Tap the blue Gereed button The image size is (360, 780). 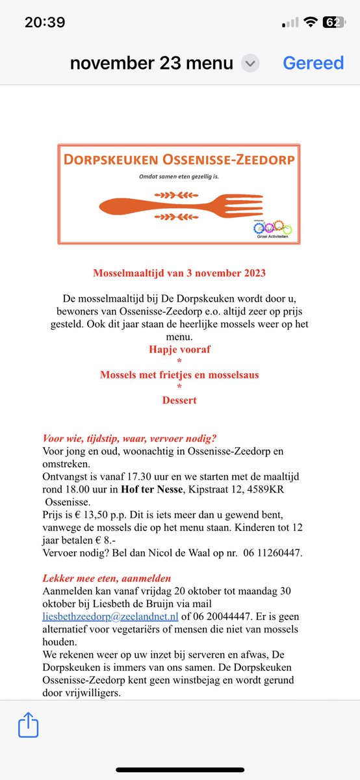(x=313, y=63)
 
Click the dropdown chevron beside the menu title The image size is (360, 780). (x=250, y=64)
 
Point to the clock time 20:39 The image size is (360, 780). (x=45, y=22)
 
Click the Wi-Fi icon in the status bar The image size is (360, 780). (x=311, y=22)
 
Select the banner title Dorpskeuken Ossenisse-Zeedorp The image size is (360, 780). (x=179, y=160)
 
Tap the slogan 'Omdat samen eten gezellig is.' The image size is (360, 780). (x=179, y=177)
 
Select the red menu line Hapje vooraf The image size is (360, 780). (x=179, y=350)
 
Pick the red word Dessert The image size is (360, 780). (x=179, y=400)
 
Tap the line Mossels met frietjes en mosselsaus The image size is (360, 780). (x=179, y=375)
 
